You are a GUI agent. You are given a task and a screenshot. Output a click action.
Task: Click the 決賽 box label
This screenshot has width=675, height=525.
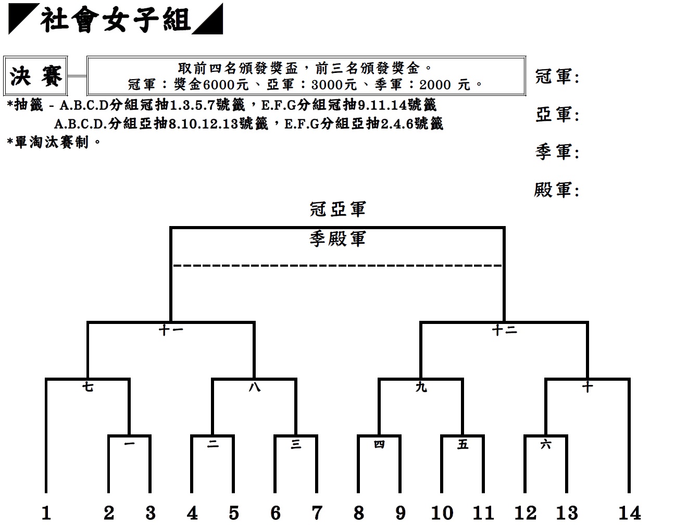[35, 76]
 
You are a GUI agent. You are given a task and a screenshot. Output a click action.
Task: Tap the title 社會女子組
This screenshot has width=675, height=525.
[116, 19]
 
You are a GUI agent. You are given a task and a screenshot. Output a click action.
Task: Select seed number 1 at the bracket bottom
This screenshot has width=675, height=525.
[46, 512]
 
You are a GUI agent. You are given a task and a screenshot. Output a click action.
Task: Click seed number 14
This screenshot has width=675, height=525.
[629, 512]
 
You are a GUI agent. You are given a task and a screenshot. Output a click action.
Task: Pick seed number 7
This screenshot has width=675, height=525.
[317, 512]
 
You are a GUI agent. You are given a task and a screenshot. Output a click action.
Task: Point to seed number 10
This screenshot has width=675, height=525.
[442, 512]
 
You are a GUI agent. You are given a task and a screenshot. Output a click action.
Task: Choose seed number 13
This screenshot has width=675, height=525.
[567, 512]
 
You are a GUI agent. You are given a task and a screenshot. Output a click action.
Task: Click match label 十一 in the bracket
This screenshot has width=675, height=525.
[171, 330]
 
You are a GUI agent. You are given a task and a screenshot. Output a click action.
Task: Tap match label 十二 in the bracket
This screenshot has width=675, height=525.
[505, 330]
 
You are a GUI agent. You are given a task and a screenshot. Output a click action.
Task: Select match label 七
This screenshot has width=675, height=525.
[88, 387]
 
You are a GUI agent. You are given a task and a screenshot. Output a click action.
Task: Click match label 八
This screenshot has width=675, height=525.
[254, 387]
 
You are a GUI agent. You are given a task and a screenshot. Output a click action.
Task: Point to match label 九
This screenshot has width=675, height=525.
[421, 387]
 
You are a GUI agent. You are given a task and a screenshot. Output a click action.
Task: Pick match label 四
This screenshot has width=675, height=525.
[379, 445]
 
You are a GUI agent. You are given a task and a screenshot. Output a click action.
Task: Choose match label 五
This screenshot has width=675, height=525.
[463, 445]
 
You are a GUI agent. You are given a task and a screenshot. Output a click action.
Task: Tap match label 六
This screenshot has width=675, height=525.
[546, 445]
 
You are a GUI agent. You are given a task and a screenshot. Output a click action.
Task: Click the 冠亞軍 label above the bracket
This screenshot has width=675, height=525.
[337, 209]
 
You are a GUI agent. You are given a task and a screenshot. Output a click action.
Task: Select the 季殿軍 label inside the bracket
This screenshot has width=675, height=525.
[337, 239]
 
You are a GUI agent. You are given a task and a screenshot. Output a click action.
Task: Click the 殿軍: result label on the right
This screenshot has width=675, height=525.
[557, 190]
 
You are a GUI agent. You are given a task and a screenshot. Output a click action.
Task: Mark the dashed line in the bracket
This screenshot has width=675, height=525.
[337, 266]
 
